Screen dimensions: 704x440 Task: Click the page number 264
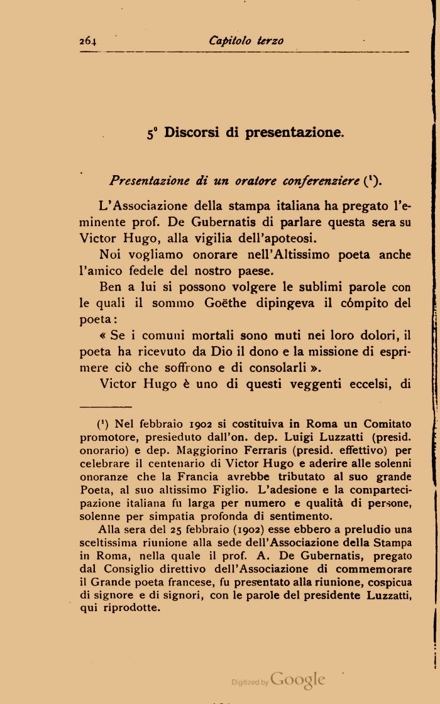coord(88,41)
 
